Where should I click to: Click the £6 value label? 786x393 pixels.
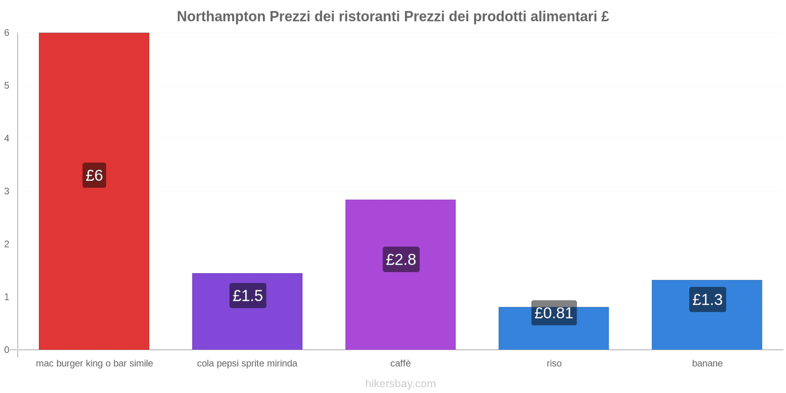pos(94,175)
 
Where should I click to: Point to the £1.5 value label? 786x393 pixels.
pos(248,296)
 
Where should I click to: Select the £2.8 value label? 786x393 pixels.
pos(401,259)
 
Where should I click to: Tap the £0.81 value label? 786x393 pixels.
pos(554,313)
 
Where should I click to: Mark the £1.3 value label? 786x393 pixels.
pos(707,300)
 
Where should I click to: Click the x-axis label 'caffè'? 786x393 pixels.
pos(400,364)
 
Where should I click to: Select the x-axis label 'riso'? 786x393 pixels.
pos(554,364)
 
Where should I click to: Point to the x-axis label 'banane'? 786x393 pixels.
pos(707,364)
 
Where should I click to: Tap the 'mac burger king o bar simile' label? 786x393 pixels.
pos(94,364)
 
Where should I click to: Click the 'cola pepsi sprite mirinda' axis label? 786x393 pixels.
pos(247,364)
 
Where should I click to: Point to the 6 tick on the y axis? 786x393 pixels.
pos(7,33)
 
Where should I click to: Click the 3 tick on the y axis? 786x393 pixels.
pos(7,191)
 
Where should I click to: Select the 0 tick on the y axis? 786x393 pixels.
pos(7,350)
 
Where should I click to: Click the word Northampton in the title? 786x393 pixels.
pos(221,17)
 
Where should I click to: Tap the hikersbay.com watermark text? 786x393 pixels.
pos(400,384)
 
